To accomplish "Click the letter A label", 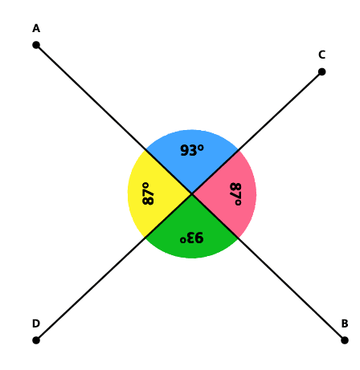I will pyautogui.click(x=36, y=29).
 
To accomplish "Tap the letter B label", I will pyautogui.click(x=345, y=323).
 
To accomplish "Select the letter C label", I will pyautogui.click(x=321, y=55).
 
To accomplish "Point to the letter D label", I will pyautogui.click(x=36, y=323).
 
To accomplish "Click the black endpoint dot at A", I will pyautogui.click(x=36, y=45).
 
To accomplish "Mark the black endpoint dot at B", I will pyautogui.click(x=345, y=340).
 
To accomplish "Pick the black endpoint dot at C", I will pyautogui.click(x=321, y=71).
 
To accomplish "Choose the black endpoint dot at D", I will pyautogui.click(x=36, y=340).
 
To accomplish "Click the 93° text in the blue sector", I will pyautogui.click(x=192, y=150).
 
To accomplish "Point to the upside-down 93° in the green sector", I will pyautogui.click(x=192, y=238).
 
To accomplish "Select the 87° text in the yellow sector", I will pyautogui.click(x=148, y=193).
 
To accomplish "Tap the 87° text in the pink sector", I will pyautogui.click(x=235, y=193).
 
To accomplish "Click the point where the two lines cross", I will pyautogui.click(x=192, y=193).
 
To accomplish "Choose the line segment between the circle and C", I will pyautogui.click(x=280, y=111).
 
